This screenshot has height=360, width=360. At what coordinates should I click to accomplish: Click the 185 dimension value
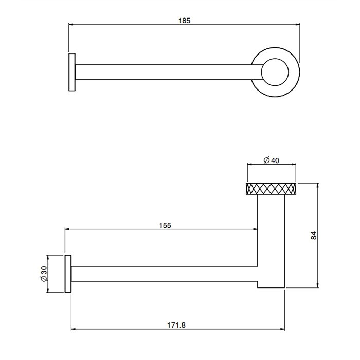(184, 21)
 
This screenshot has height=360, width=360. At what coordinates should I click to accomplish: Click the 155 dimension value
(165, 225)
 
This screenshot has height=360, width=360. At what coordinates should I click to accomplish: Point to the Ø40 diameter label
(271, 160)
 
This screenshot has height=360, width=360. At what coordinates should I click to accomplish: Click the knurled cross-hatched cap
(272, 189)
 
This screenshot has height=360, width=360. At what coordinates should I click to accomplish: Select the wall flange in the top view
(72, 73)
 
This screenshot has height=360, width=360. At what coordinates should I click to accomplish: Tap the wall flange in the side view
(67, 273)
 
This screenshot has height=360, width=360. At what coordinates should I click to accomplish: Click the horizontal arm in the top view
(165, 73)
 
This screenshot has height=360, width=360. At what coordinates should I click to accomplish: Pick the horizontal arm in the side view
(165, 274)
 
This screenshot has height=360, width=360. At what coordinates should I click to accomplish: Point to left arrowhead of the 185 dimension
(71, 24)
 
